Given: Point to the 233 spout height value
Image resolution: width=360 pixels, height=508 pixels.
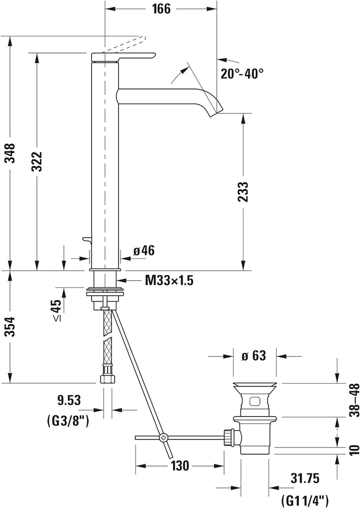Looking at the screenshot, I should [x=243, y=192].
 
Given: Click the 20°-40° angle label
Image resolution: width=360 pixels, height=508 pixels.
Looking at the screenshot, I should [x=242, y=73].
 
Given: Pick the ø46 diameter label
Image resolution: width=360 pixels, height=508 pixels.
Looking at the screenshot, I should [x=144, y=250].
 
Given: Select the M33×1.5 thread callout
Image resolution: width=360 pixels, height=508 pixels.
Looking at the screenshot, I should [x=169, y=280].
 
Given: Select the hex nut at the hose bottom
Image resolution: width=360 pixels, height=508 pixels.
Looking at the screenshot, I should [x=106, y=377].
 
